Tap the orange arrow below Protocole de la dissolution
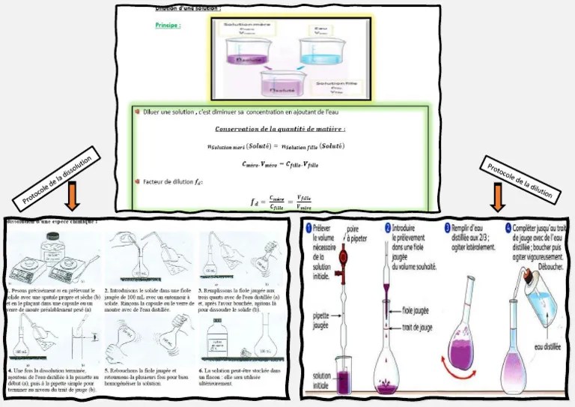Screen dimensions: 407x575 coord(73,196)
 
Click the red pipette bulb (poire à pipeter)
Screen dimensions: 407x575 coord(346,264)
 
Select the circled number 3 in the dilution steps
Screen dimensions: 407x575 coord(447,228)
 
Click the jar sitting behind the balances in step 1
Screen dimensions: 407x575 coord(51,245)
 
